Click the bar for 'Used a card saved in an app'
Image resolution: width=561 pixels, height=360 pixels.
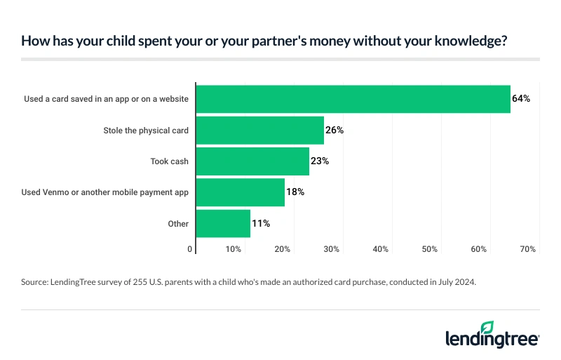click(x=353, y=99)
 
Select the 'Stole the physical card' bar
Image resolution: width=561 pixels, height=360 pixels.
click(x=259, y=130)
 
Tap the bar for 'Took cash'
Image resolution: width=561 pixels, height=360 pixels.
click(x=252, y=161)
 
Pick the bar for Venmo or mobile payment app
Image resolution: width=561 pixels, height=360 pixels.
click(x=240, y=192)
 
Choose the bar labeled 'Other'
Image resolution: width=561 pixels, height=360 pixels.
click(x=223, y=223)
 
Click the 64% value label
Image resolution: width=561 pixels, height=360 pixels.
click(x=521, y=99)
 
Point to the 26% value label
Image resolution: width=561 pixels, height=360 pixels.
click(x=334, y=130)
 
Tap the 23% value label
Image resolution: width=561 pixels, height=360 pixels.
click(x=320, y=161)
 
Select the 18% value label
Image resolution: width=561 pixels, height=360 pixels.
click(x=295, y=192)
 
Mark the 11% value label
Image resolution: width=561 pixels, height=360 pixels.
click(x=261, y=223)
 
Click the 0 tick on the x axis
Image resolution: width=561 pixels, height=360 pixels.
click(x=190, y=249)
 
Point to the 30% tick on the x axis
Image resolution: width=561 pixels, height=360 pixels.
click(x=332, y=249)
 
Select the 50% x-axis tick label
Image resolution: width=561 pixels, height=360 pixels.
click(x=430, y=249)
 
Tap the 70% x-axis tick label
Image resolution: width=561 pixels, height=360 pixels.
click(x=528, y=249)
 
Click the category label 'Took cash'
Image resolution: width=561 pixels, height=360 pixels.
click(x=170, y=161)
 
